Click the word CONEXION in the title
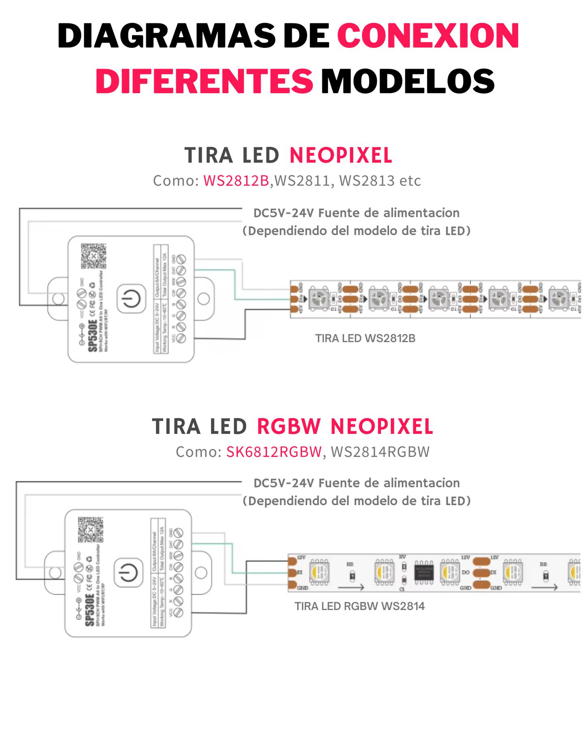click(428, 36)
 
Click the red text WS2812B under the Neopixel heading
click(236, 181)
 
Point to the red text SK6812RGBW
click(274, 452)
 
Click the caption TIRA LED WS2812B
click(365, 338)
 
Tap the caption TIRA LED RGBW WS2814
click(360, 606)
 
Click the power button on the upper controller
click(131, 299)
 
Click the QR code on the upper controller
click(93, 256)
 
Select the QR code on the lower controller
click(90, 529)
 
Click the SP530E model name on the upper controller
click(93, 336)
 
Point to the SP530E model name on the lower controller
click(90, 610)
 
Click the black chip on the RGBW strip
click(424, 573)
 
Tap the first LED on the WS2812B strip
click(319, 299)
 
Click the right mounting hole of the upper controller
click(204, 299)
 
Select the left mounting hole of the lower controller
click(55, 573)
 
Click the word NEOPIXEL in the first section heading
click(341, 155)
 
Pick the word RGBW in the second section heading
click(289, 427)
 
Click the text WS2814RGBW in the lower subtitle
click(380, 452)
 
